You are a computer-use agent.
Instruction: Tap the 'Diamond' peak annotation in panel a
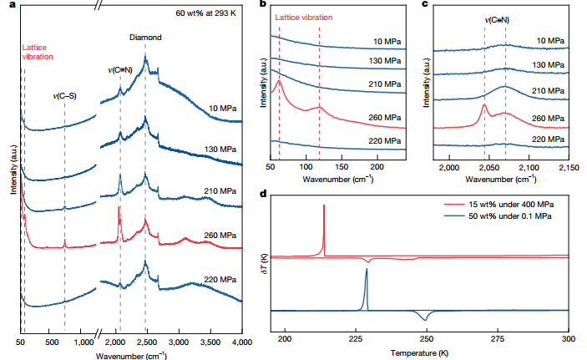coord(145,38)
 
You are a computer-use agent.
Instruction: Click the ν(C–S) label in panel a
coord(64,97)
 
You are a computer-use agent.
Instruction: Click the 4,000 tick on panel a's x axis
coord(242,342)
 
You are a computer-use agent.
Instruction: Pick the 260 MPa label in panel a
coord(220,236)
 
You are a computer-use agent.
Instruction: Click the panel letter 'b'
coord(263,5)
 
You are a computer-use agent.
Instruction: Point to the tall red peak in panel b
coord(280,82)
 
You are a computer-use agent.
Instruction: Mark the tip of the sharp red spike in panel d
coord(323,205)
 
